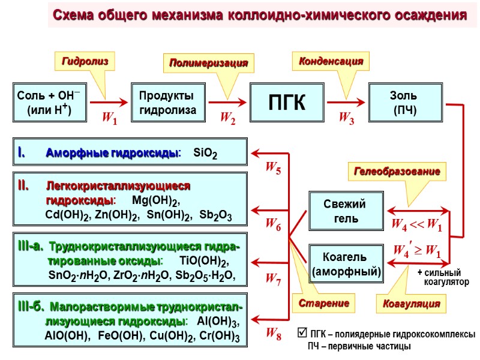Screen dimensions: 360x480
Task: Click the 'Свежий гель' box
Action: tap(345, 211)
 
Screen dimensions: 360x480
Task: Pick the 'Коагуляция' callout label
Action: tap(411, 304)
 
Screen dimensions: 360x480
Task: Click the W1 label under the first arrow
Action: tap(109, 120)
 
